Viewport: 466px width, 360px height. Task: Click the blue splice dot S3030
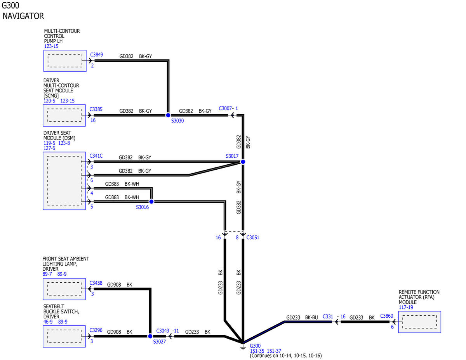pyautogui.click(x=168, y=115)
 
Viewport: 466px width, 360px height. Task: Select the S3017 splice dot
pyautogui.click(x=243, y=162)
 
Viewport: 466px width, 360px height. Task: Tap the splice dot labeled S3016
pyautogui.click(x=151, y=202)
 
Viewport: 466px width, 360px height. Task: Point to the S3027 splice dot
pyautogui.click(x=150, y=336)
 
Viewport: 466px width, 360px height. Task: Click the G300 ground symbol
pyautogui.click(x=243, y=347)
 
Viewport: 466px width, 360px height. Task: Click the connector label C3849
pyautogui.click(x=97, y=55)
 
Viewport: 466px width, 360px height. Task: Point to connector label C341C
pyautogui.click(x=96, y=156)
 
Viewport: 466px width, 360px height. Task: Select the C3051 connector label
pyautogui.click(x=253, y=237)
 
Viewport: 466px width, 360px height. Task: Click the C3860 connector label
pyautogui.click(x=386, y=316)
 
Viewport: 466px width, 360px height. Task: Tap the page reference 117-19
pyautogui.click(x=406, y=307)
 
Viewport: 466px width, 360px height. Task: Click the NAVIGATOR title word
pyautogui.click(x=23, y=16)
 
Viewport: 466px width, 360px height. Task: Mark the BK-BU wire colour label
pyautogui.click(x=311, y=317)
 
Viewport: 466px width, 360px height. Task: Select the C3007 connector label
pyautogui.click(x=225, y=108)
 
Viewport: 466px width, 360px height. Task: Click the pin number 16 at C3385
pyautogui.click(x=93, y=120)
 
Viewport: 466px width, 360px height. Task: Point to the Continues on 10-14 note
pyautogui.click(x=286, y=356)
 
